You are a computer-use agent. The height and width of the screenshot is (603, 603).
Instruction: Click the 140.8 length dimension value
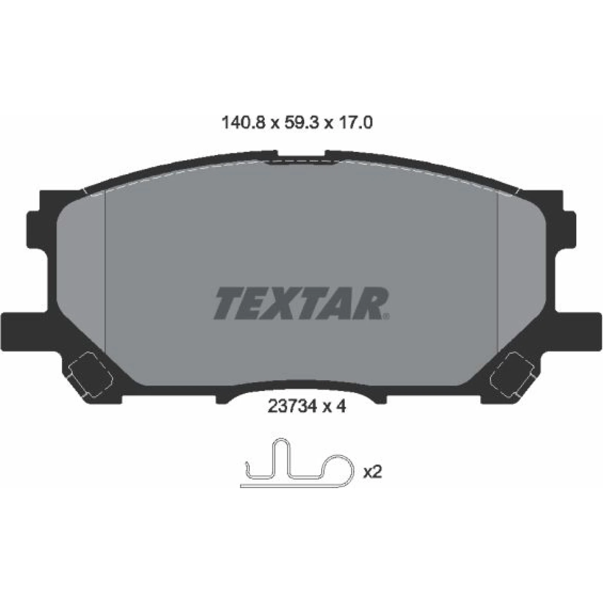click(244, 123)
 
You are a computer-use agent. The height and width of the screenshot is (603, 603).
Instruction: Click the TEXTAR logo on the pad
click(301, 303)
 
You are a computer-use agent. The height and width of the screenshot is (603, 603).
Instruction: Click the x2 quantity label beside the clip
click(372, 472)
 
